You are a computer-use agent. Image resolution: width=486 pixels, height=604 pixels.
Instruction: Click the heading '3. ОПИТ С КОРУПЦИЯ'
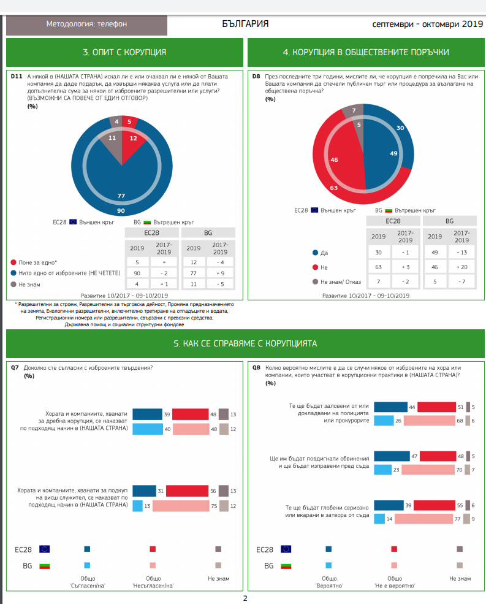pos(124,52)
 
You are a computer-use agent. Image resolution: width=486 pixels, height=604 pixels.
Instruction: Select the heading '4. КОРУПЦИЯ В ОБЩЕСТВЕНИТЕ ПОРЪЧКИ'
pos(366,52)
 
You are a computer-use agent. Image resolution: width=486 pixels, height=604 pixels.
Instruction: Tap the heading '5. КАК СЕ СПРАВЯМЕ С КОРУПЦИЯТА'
pos(245,343)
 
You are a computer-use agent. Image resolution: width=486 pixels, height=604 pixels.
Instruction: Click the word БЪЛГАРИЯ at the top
pos(245,24)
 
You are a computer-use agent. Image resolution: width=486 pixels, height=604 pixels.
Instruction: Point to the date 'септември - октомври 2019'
pos(428,24)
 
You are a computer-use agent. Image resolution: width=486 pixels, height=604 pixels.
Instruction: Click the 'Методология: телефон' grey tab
pos(86,24)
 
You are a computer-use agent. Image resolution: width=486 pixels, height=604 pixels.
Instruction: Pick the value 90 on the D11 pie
pos(121,210)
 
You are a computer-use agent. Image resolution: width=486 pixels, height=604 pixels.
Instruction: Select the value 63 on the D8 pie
pos(334,188)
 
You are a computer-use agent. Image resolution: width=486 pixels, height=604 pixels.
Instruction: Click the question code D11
pos(17,76)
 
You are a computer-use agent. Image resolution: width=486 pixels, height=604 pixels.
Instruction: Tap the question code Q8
pos(257,367)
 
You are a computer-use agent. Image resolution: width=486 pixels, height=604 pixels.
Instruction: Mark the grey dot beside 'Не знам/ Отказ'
pos(316,282)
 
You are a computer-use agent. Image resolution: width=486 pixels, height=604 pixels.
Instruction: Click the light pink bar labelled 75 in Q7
pos(185,506)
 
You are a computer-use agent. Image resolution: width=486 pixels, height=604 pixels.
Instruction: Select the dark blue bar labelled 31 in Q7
pos(145,491)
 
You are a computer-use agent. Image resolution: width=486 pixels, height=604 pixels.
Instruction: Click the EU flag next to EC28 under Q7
pos(44,549)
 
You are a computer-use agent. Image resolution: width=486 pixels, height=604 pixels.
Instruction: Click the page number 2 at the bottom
pos(245,598)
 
